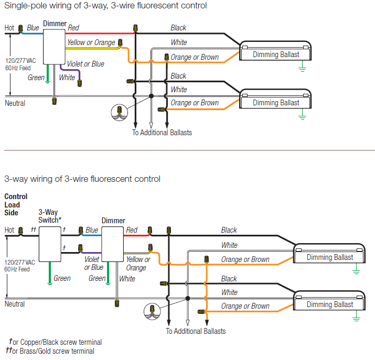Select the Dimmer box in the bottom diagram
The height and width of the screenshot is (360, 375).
coord(112,247)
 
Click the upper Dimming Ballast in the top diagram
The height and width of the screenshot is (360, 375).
coord(276,54)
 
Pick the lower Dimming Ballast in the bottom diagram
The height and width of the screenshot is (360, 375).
coord(329,304)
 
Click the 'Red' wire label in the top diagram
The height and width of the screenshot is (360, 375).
coord(73,28)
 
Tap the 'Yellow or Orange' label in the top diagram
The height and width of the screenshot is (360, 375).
coord(91,42)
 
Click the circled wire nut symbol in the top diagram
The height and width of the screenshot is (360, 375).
coord(120,112)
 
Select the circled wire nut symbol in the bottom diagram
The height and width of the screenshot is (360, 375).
coord(152,311)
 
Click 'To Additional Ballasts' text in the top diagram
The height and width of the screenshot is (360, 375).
coord(162,133)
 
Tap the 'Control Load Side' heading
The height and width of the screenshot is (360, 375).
coord(15,204)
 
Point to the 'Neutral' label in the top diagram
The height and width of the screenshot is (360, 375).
coord(15,103)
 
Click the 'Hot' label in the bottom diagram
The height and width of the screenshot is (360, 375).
coord(9,230)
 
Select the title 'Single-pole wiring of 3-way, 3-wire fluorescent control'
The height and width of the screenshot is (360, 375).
coord(105,6)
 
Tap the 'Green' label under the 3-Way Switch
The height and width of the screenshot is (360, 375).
coord(62,278)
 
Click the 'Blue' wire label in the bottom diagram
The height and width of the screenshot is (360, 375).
coord(92,230)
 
